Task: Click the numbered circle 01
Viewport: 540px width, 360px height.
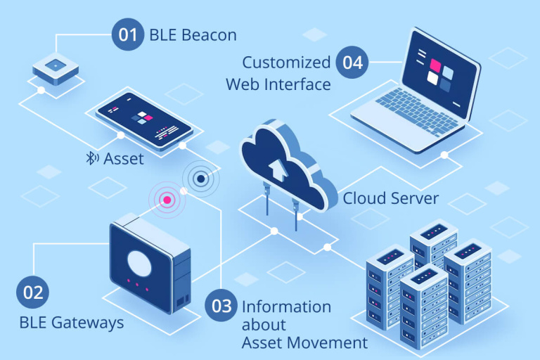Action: [127, 35]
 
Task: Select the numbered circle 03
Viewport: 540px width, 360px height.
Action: [221, 306]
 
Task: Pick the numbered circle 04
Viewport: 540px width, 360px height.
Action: [353, 62]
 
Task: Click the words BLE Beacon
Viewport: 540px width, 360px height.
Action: [192, 35]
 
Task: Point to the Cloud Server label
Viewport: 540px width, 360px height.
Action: [390, 198]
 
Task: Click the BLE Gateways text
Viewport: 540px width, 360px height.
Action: [72, 323]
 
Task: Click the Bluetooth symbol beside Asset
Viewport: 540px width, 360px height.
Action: [91, 159]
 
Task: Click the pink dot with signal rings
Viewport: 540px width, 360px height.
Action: [167, 200]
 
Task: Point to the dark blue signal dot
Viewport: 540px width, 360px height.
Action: [201, 179]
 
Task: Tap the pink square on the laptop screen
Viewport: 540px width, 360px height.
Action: [435, 66]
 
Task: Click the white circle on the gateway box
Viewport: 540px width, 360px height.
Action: [140, 262]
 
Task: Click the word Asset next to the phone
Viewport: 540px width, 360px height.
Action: [124, 159]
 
